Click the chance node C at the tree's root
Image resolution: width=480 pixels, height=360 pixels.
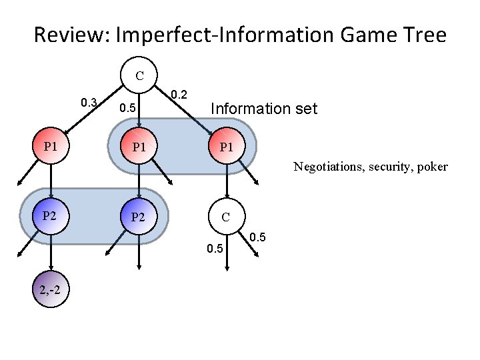pos(139,75)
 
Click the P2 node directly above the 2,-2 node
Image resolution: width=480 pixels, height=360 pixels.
pos(51,216)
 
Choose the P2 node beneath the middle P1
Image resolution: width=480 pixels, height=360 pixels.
pos(139,216)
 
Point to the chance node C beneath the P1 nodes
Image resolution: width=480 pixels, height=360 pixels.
pos(227,216)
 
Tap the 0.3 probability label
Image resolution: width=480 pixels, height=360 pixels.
pos(89,103)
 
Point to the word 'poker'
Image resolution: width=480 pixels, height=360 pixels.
pos(433,167)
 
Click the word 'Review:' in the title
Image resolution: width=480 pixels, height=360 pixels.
pos(72,35)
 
